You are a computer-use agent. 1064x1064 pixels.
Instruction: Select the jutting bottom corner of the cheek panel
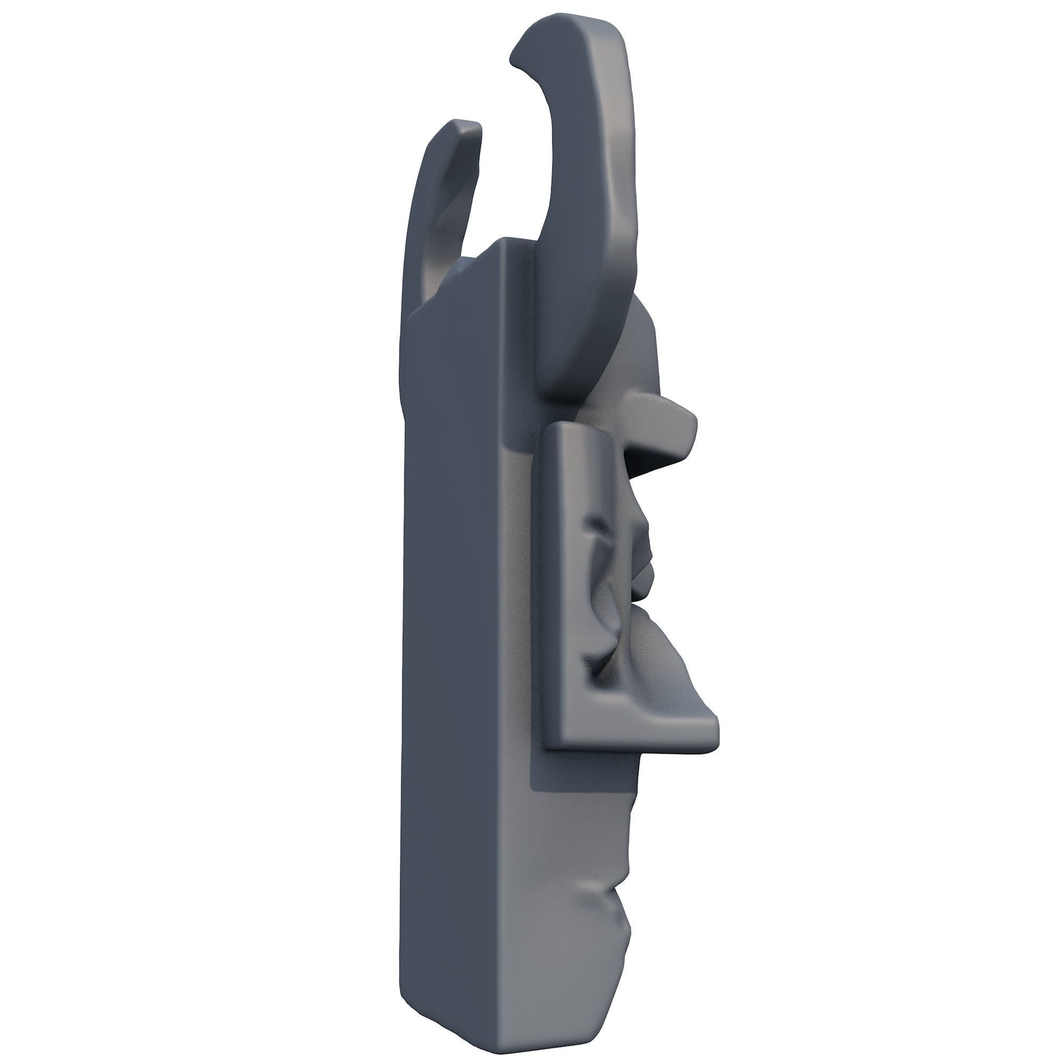click(713, 738)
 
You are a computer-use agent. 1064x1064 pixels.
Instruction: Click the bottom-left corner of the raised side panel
click(548, 746)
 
